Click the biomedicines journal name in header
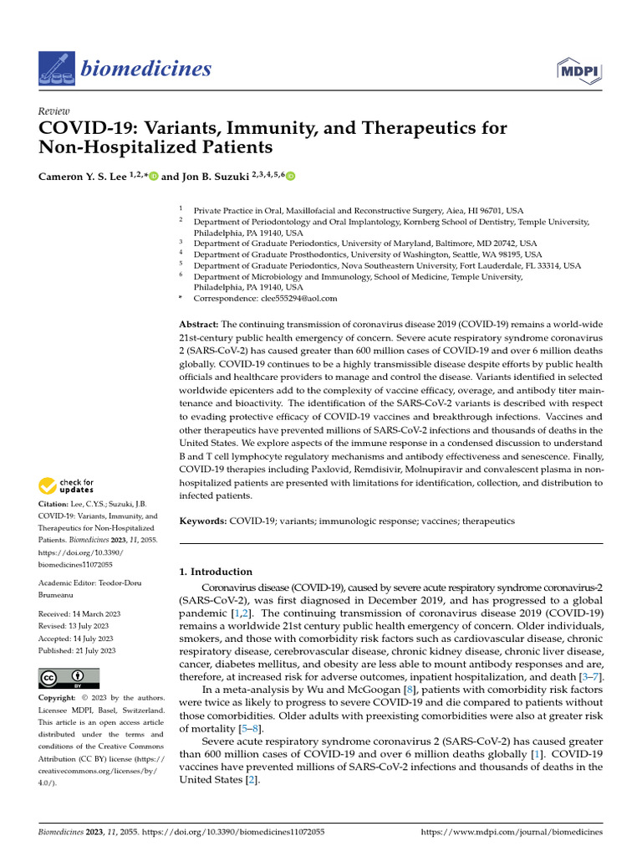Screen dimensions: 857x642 tap(146, 68)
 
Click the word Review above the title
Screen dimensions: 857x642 tap(54, 111)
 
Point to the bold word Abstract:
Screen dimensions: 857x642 tap(200, 324)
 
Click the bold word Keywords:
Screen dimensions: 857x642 tap(203, 521)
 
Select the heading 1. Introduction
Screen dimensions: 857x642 tap(217, 572)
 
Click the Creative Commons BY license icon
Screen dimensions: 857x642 tap(69, 678)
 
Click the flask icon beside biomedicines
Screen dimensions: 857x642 tap(56, 68)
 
